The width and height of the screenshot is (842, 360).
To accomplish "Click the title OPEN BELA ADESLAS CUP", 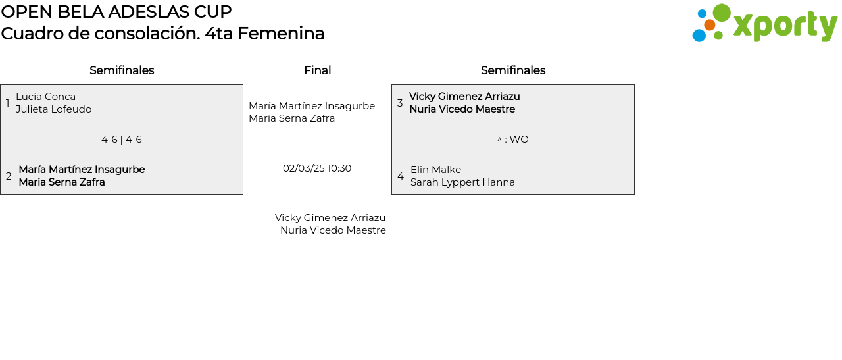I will point(116,12).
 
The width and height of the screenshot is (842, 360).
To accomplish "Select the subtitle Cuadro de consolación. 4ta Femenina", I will point(162,34).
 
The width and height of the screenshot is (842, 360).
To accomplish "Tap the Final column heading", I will point(317,70).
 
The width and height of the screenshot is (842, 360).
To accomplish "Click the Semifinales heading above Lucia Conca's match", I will point(122,70).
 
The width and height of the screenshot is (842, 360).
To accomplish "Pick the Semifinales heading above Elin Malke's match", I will point(513,70).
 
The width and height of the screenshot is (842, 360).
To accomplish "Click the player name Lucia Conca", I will point(45,97).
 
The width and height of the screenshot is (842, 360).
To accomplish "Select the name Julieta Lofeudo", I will point(53,109).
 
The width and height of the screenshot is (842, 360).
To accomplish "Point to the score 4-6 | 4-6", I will point(122,140).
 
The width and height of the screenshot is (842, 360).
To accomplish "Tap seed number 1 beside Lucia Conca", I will point(8,103).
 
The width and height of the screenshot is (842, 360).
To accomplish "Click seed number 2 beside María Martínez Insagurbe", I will point(9,176).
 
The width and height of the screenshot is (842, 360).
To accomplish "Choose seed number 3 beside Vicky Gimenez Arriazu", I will point(400,103).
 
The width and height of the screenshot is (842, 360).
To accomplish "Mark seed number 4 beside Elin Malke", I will point(401,176).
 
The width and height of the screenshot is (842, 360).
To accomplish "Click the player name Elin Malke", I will point(435,170).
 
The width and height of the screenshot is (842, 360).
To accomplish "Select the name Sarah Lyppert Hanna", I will point(462,182).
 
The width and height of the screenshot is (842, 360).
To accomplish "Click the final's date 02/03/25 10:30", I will point(317,168).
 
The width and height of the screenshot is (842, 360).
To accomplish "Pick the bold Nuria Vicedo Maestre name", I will point(462,109).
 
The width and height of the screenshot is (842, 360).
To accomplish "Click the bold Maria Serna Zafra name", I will point(62,182).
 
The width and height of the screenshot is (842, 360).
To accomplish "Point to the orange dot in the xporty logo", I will point(710,25).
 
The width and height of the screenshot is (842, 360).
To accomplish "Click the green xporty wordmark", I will point(785,26).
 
